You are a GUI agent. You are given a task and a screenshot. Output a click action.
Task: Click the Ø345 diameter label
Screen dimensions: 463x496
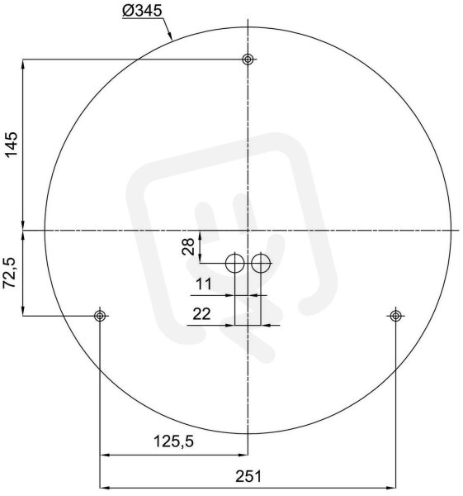[x=142, y=12]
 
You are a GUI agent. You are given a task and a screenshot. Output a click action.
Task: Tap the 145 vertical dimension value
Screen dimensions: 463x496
[x=12, y=145]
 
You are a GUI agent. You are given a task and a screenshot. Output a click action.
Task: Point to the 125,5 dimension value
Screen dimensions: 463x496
[x=173, y=441]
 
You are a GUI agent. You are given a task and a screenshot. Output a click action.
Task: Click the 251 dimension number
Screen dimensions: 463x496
[x=248, y=476]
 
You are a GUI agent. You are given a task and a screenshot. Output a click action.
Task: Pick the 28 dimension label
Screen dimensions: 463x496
[x=188, y=246]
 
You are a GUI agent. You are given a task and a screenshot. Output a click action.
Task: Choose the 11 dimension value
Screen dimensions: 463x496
[x=204, y=284]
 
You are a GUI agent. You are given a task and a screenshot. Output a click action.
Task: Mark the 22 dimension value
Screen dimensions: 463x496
[x=201, y=314]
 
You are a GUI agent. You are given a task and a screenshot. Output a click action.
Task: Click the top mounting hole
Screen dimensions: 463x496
[x=248, y=60]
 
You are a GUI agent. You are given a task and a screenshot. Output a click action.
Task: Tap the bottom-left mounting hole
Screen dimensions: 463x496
[x=100, y=316]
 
